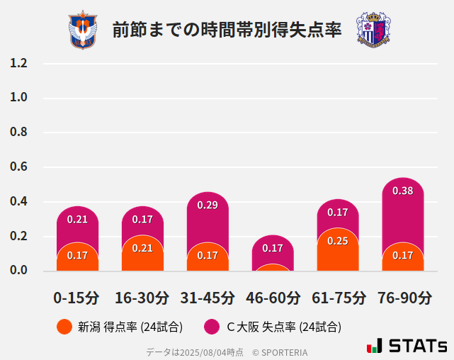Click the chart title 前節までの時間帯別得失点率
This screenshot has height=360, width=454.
[227, 30]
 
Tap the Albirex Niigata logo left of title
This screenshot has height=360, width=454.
[83, 30]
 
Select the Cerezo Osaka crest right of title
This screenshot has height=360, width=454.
[373, 30]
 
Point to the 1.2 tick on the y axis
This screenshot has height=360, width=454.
[18, 64]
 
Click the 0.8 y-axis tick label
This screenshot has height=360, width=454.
[18, 133]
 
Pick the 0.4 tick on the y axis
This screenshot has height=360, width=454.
[18, 202]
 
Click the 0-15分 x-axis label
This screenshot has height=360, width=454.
[77, 298]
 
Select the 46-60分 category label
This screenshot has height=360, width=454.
[273, 298]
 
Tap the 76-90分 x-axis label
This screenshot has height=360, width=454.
[403, 298]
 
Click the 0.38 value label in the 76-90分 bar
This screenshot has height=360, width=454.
[403, 191]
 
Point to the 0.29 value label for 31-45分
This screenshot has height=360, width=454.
[208, 206]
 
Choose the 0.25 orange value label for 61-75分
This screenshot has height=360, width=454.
[338, 241]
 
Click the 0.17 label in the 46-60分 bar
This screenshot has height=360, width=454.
[273, 248]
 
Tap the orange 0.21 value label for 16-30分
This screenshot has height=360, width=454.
[142, 248]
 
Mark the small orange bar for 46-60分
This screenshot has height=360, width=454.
[273, 268]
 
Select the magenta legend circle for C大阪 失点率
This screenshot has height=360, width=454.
[211, 327]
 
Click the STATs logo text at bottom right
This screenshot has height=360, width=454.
[418, 346]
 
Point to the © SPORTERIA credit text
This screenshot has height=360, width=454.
[280, 351]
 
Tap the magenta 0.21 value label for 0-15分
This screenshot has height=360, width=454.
[77, 219]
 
